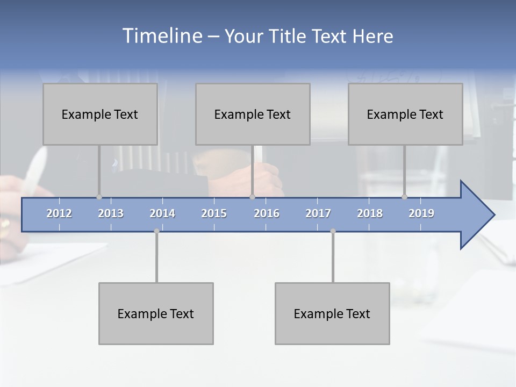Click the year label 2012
59,213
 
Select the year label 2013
111,213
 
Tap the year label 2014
162,213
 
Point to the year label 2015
214,213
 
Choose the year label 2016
267,213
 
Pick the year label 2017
318,213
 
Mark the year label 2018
370,213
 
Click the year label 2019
421,213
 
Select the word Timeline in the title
162,36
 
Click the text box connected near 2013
100,114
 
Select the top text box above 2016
253,114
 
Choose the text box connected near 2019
405,114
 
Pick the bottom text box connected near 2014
156,313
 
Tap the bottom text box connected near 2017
332,313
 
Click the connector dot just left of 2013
99,197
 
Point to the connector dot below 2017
333,231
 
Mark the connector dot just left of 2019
404,197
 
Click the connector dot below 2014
156,231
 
